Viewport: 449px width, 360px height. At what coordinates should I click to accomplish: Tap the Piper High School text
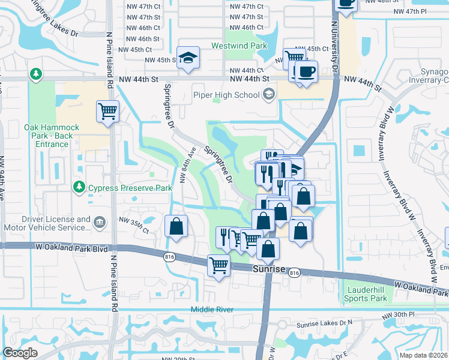coord(226,95)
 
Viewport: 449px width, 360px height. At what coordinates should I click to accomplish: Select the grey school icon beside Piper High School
coord(268,94)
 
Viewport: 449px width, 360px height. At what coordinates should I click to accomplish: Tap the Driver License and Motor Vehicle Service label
coord(47,224)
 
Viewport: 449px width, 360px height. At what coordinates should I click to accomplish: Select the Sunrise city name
coord(268,270)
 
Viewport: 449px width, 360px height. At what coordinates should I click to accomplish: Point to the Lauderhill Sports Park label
coord(363,294)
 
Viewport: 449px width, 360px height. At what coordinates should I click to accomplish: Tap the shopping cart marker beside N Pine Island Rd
coord(107,111)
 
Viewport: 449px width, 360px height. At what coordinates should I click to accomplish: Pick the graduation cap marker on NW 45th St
coord(188,58)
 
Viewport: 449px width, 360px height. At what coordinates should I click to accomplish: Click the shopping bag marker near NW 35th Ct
coord(176,226)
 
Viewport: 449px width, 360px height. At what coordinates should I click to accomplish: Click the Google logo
coord(20,353)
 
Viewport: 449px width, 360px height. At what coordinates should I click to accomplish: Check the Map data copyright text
coord(423,355)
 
